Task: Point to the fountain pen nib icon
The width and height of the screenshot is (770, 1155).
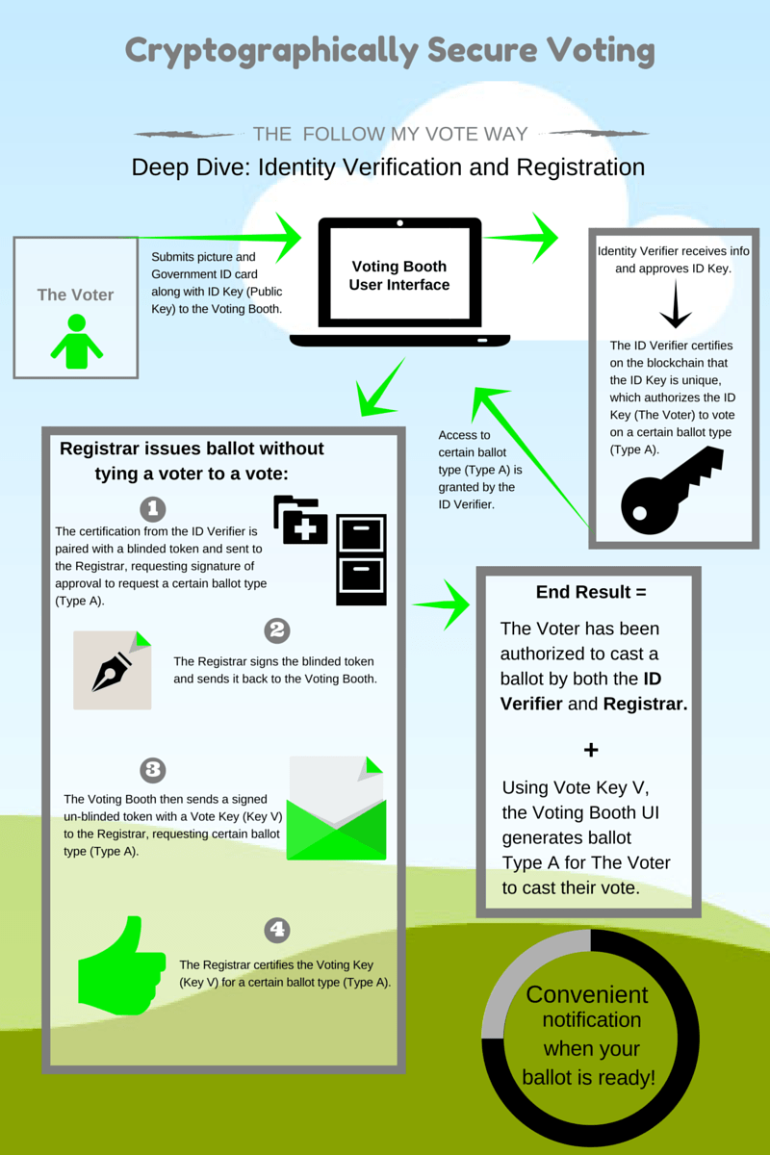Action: (x=112, y=670)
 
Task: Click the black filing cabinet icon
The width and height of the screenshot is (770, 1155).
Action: (x=361, y=559)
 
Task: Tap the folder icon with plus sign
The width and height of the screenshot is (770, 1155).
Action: (x=300, y=521)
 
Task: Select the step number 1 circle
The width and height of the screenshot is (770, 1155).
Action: (x=152, y=508)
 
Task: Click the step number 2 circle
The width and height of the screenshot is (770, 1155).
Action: (x=276, y=630)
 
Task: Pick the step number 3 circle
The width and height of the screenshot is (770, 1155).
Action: (x=152, y=770)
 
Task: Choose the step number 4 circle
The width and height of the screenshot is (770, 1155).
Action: (x=276, y=930)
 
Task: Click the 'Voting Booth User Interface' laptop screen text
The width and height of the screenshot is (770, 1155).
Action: (x=399, y=275)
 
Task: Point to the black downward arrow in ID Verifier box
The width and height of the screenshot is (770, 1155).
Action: (x=674, y=307)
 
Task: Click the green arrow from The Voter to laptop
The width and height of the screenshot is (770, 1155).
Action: (x=221, y=237)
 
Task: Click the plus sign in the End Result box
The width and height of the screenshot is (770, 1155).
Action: (x=591, y=749)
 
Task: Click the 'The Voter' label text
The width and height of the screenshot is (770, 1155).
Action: (x=75, y=295)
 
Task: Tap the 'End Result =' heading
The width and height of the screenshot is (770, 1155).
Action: (x=591, y=592)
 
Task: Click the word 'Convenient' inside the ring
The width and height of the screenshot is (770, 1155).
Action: (x=587, y=994)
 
